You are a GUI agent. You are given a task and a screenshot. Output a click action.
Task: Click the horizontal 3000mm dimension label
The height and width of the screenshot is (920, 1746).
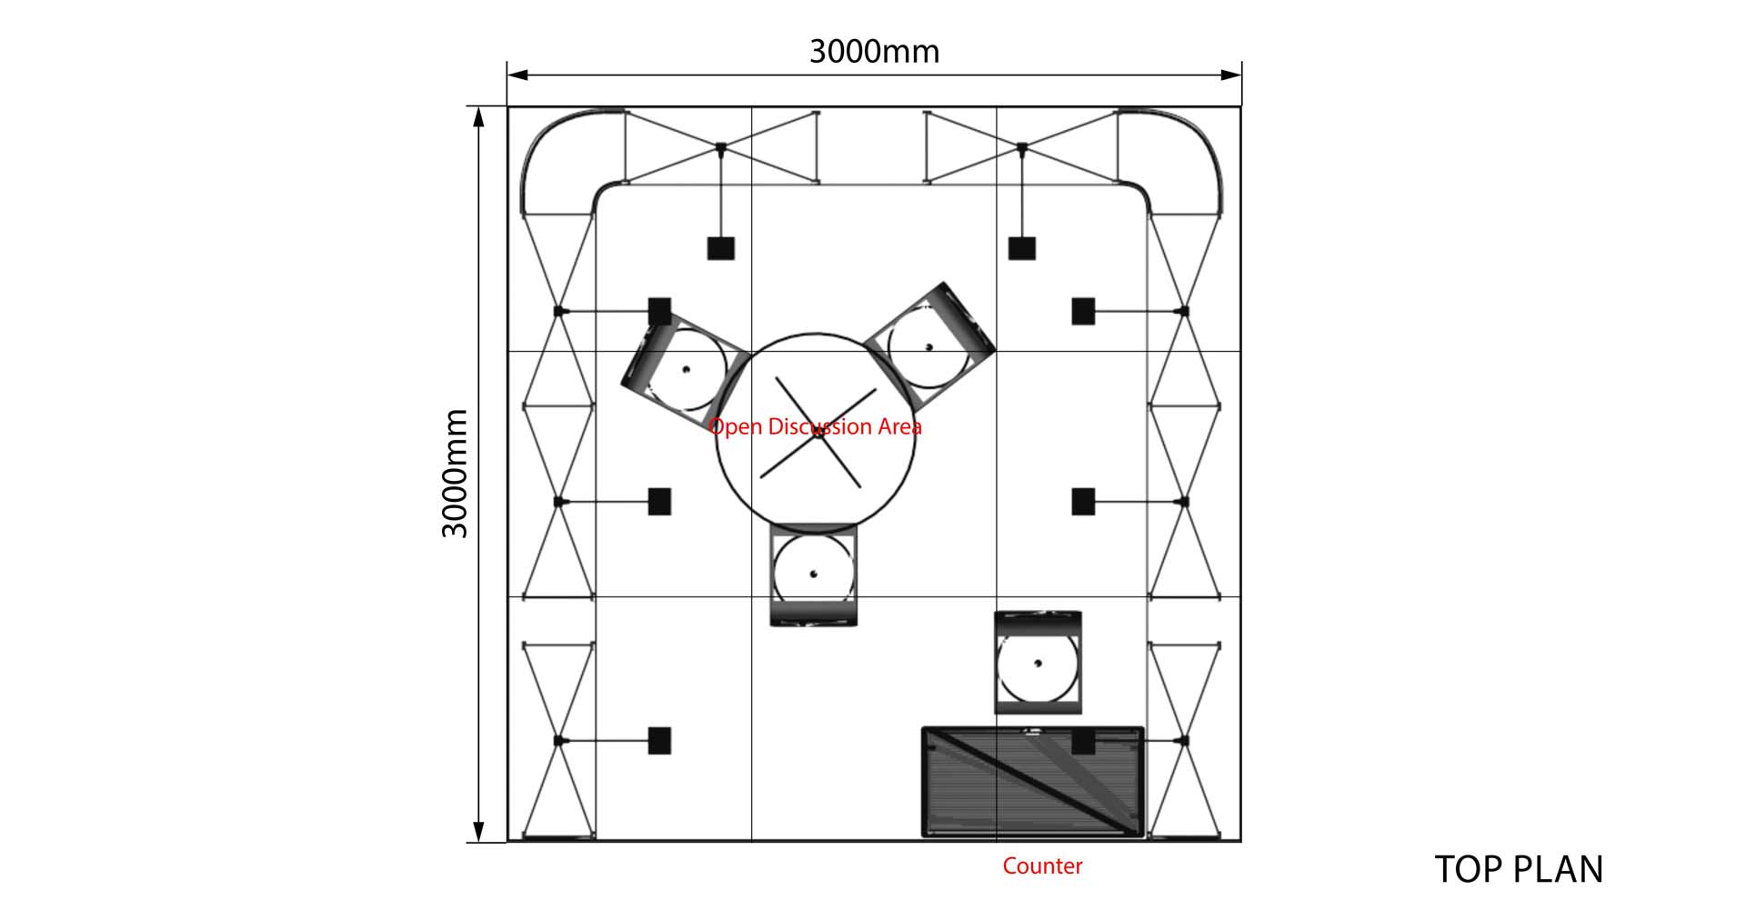click(x=874, y=51)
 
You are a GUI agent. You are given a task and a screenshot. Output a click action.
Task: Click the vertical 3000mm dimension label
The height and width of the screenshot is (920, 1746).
click(x=455, y=474)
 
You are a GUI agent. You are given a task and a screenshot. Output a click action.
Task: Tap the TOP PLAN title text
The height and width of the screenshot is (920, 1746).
click(x=1519, y=869)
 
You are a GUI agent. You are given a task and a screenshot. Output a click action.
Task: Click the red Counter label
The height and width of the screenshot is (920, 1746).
click(x=1042, y=865)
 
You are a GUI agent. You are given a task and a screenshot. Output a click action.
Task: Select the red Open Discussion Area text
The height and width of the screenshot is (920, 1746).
click(x=815, y=426)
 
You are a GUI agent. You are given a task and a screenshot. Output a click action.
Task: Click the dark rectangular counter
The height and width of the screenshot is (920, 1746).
click(x=1033, y=782)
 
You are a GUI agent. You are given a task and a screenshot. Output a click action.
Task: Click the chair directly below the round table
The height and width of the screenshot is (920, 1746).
click(x=813, y=575)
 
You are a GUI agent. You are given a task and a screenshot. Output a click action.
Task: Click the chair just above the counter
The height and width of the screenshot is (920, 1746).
click(x=1038, y=663)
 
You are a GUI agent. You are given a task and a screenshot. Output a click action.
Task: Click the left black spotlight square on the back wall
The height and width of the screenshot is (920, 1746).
click(x=721, y=248)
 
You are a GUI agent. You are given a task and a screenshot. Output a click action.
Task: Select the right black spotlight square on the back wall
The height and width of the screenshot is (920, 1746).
click(x=1022, y=248)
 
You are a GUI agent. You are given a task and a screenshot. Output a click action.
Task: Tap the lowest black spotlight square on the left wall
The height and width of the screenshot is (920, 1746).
click(x=659, y=741)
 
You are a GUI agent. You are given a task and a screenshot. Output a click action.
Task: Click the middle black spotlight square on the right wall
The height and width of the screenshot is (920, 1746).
click(x=1083, y=502)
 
